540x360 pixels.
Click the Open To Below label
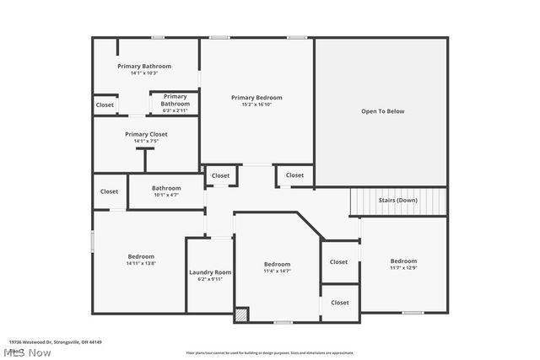(x=382, y=111)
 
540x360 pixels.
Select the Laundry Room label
(x=210, y=272)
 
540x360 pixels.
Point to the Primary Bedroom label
(x=256, y=98)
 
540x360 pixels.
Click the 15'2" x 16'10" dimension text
(x=256, y=105)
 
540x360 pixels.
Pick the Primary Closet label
(x=146, y=134)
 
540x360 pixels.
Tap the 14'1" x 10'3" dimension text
(x=144, y=73)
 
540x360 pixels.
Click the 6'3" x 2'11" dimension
(x=175, y=111)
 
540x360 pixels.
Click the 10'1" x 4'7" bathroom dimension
(x=166, y=196)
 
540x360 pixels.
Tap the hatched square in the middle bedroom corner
(x=241, y=315)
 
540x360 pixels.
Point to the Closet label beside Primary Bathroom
(x=105, y=105)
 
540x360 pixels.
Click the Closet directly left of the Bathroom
(x=110, y=191)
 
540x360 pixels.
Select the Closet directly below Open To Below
(x=294, y=175)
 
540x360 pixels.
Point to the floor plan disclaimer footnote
(x=269, y=352)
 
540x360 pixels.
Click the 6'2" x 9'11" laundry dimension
(x=210, y=279)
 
